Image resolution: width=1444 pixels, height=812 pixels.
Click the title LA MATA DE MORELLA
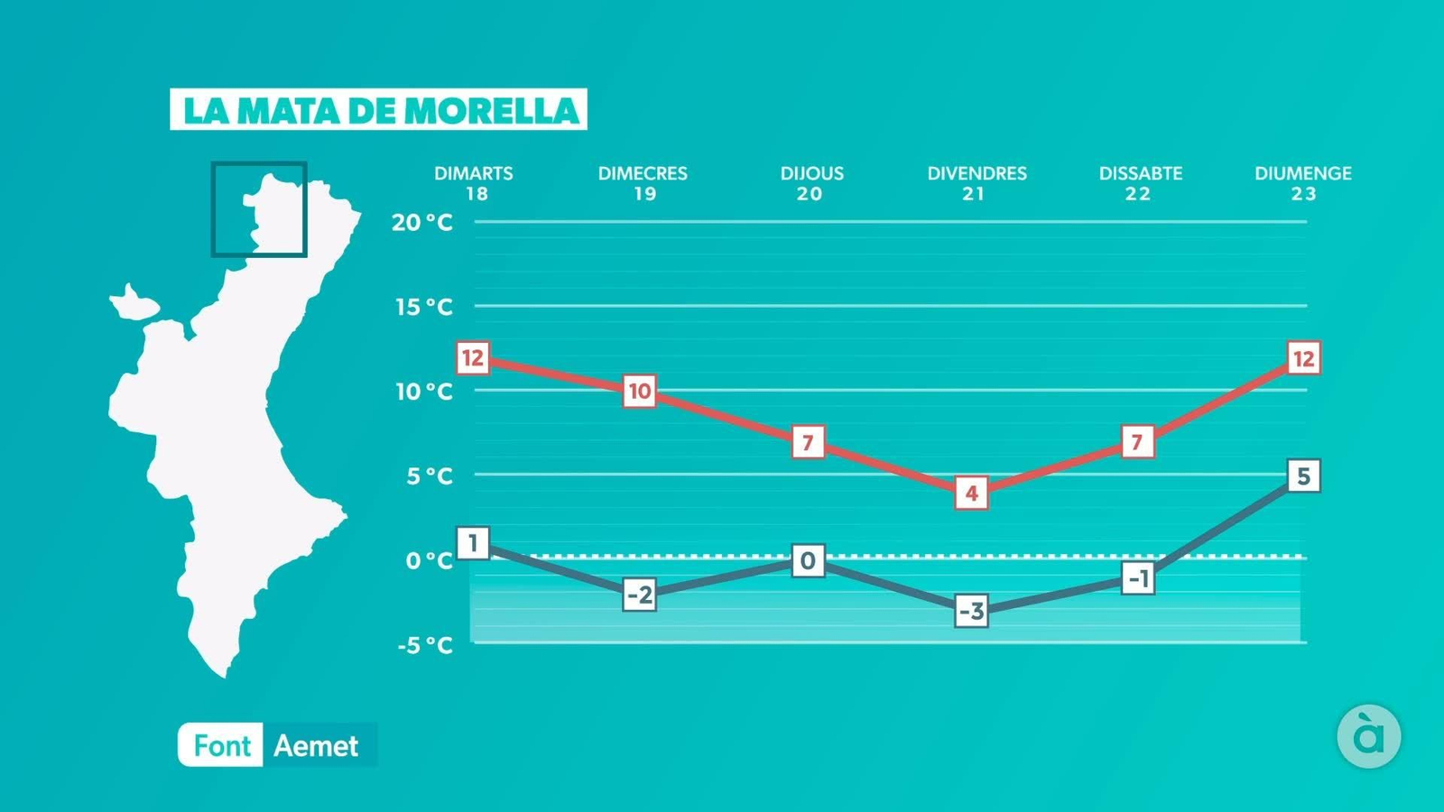pyautogui.click(x=379, y=110)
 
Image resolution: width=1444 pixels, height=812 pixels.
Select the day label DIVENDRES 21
pyautogui.click(x=977, y=183)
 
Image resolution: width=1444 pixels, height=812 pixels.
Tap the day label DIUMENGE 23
pyautogui.click(x=1302, y=183)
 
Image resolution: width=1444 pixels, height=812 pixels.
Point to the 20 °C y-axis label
pyautogui.click(x=421, y=223)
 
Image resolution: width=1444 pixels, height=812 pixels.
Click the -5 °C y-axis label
pyautogui.click(x=424, y=645)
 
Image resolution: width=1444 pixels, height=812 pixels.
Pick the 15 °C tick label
pyautogui.click(x=423, y=307)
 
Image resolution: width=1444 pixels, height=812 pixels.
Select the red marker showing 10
pyautogui.click(x=639, y=392)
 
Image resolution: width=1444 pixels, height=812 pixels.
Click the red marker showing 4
pyautogui.click(x=971, y=494)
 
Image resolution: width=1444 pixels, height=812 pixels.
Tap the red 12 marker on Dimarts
pyautogui.click(x=473, y=358)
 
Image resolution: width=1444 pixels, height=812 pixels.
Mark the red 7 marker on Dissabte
pyautogui.click(x=1137, y=442)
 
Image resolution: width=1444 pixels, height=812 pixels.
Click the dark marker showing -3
pyautogui.click(x=971, y=612)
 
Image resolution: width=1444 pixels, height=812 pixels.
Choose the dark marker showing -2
pyautogui.click(x=639, y=595)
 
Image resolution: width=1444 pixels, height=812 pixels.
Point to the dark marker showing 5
pyautogui.click(x=1303, y=476)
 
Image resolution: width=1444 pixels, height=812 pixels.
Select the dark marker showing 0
pyautogui.click(x=808, y=561)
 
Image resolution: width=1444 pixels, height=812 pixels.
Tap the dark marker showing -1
pyautogui.click(x=1139, y=578)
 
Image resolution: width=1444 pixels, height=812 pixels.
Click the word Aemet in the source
pyautogui.click(x=316, y=746)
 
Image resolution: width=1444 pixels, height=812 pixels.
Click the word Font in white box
pyautogui.click(x=221, y=746)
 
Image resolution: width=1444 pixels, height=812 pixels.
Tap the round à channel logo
pyautogui.click(x=1368, y=736)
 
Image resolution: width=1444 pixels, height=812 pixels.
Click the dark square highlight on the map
pyautogui.click(x=259, y=209)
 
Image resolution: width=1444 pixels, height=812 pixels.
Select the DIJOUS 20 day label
pyautogui.click(x=811, y=183)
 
